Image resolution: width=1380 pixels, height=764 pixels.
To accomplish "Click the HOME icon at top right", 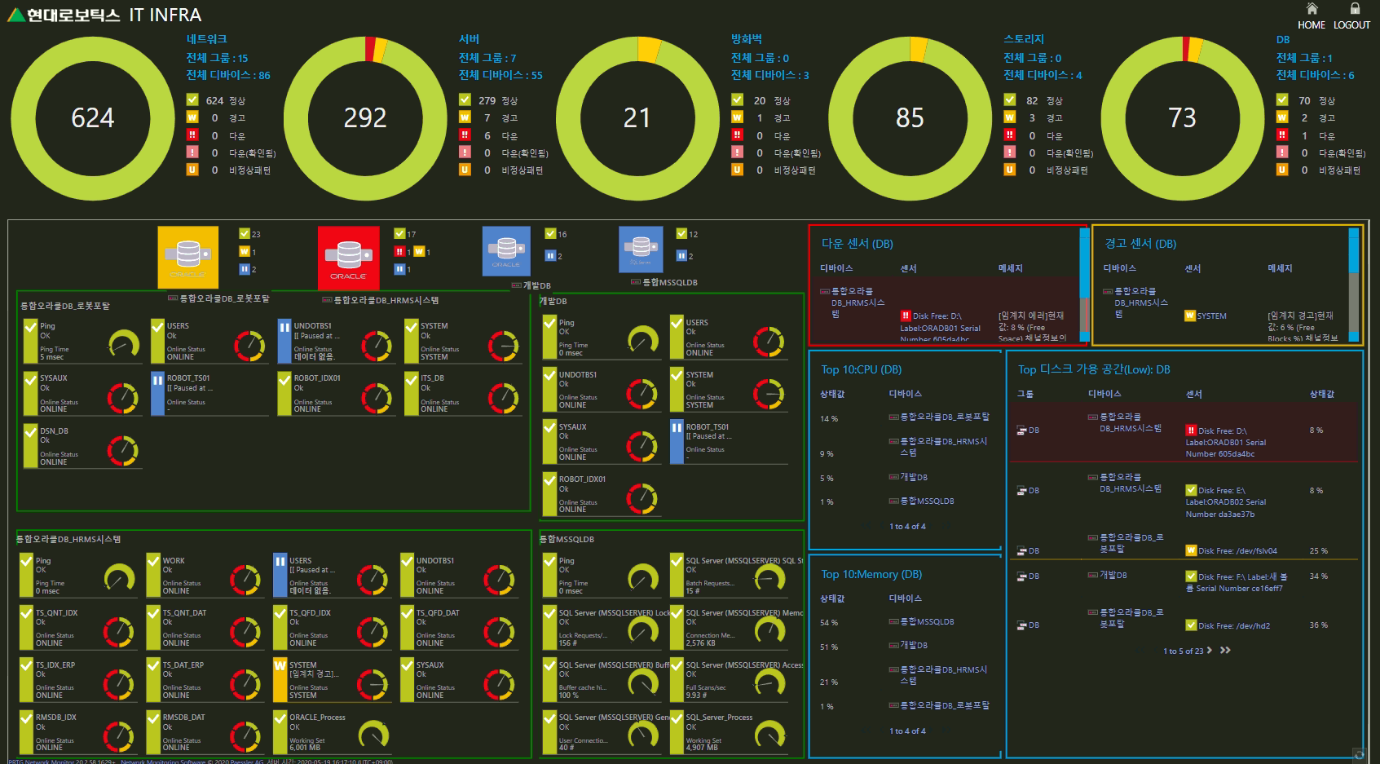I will pos(1312,9).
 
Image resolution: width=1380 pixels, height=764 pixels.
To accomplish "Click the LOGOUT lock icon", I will pos(1355,9).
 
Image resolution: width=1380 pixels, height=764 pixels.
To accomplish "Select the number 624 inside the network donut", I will pos(92,118).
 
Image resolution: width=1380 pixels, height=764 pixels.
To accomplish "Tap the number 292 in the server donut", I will pos(364,118).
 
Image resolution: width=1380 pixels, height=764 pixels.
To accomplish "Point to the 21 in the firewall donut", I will pos(637,118).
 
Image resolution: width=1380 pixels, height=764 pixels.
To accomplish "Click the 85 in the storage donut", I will pos(910,118).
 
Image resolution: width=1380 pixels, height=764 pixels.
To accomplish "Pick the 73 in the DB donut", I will pos(1182,118).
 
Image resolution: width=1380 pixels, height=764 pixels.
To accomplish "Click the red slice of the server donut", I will pos(369,50).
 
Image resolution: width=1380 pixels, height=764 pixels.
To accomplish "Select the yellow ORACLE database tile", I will pos(187,256).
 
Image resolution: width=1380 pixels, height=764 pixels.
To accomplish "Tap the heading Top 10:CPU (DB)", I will pos(861,369).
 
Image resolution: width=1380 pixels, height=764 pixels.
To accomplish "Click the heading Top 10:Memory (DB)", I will pos(871,574).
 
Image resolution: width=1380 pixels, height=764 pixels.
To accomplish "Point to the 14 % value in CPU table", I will pos(829,419).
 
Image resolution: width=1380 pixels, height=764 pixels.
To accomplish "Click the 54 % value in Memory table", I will pos(829,623).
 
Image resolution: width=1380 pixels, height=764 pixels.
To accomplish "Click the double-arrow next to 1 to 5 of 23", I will pos(1225,651).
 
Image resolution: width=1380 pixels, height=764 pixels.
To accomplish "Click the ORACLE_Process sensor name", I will pos(317,718).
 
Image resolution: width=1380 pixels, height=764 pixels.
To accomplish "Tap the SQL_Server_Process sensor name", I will pos(719,718).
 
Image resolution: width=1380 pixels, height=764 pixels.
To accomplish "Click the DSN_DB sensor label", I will pos(54,431).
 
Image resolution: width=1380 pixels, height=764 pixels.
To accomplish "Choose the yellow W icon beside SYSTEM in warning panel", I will pos(1190,316).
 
